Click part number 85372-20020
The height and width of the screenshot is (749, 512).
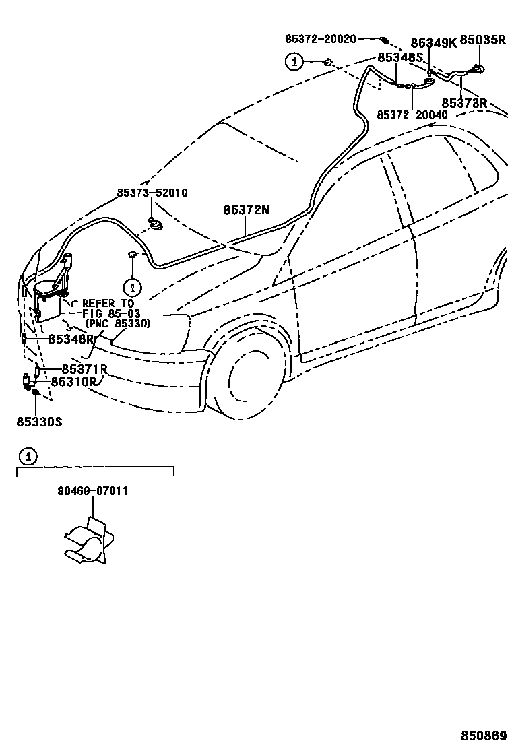[x=321, y=40]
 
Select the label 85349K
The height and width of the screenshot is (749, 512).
[x=433, y=42]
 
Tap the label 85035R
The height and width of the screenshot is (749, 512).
[x=482, y=40]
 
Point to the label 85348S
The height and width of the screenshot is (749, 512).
[x=399, y=57]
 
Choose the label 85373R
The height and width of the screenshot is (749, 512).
[x=464, y=103]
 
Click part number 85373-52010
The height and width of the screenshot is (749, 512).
[x=152, y=193]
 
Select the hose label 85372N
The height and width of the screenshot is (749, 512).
[x=246, y=210]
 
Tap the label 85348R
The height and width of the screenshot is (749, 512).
[x=71, y=339]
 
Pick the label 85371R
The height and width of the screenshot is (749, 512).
[x=84, y=369]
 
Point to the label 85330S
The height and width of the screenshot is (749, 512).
[x=39, y=422]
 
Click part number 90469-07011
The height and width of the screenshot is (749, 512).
[x=92, y=491]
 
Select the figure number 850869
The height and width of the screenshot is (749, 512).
[x=484, y=736]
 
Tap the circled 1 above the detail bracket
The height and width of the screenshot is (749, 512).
[x=27, y=457]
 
